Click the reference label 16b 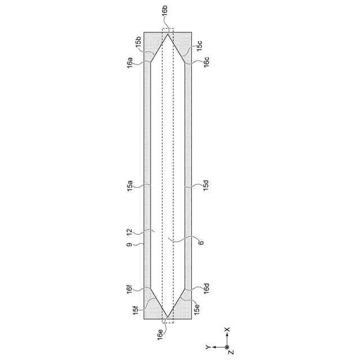[165, 11]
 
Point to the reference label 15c [199, 45]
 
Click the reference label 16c [206, 61]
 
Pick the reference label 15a [130, 186]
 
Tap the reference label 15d [206, 185]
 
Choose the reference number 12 [130, 232]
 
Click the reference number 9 [130, 245]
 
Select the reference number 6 [201, 242]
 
